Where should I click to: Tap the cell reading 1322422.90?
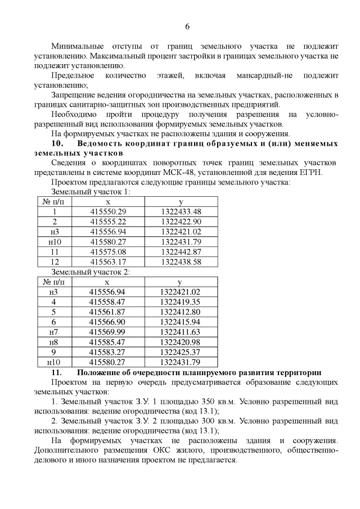[x=181, y=222]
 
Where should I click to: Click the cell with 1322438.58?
[x=181, y=262]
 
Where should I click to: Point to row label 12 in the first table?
[x=55, y=262]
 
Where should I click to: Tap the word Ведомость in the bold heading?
[x=104, y=143]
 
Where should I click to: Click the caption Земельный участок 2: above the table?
[x=91, y=272]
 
